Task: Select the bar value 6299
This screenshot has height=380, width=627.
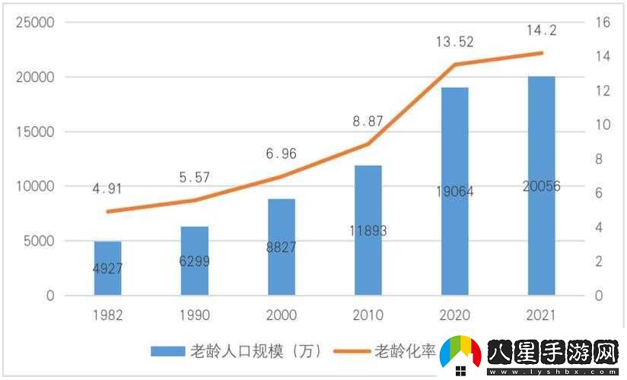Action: (194, 261)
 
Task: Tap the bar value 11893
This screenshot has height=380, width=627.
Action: (368, 231)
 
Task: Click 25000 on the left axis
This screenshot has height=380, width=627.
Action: (35, 23)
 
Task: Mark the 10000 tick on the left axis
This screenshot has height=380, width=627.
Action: (35, 186)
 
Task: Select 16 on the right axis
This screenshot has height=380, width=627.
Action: (603, 23)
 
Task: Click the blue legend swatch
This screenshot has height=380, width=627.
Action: (167, 351)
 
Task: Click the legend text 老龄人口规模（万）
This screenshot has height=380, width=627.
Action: (256, 351)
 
